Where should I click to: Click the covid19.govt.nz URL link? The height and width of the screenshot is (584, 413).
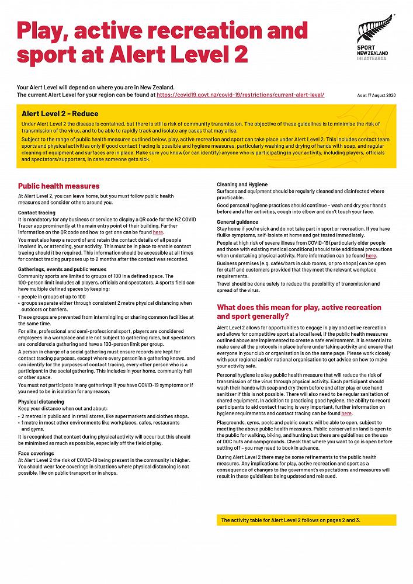240,94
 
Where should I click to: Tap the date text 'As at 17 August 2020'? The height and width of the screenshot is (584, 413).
376,95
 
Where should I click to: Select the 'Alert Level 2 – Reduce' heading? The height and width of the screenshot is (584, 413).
60,114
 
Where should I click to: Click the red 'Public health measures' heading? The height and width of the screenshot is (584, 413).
58,186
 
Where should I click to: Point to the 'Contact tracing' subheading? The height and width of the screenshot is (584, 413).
37,213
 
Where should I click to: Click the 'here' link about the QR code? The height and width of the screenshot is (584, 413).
158,232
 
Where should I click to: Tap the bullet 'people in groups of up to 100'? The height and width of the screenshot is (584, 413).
55,297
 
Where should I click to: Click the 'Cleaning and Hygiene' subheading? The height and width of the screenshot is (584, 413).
242,185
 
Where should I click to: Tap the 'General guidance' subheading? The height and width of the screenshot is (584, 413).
238,223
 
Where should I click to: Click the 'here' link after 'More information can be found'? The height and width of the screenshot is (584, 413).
371,256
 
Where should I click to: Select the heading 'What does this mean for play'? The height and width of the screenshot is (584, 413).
299,312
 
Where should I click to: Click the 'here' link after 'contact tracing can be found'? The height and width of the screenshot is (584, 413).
347,413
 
